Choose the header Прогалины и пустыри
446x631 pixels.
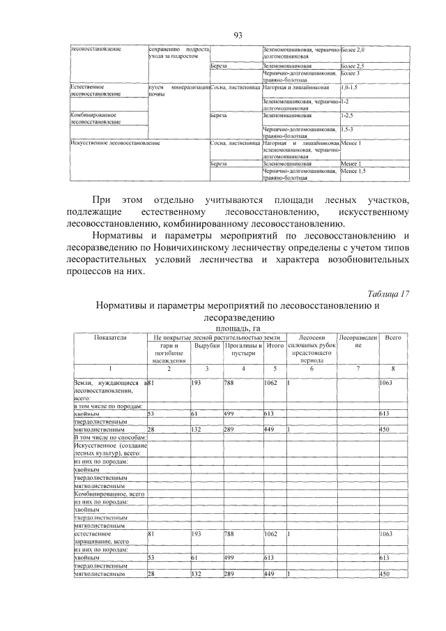[x=242, y=349]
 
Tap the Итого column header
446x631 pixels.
[x=274, y=346]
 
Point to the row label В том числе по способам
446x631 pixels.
[x=108, y=437]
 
